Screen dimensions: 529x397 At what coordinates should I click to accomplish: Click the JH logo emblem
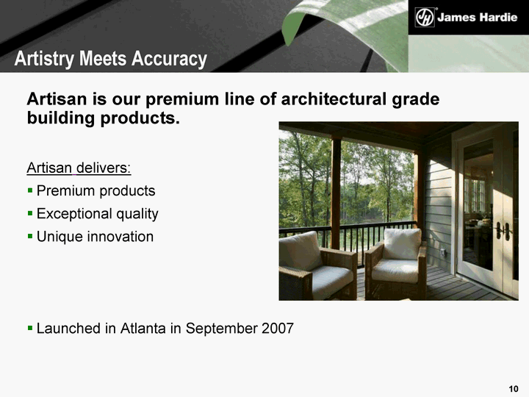[425, 17]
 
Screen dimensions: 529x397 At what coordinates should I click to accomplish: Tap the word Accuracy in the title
[170, 60]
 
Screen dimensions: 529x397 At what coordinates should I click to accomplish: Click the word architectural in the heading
[334, 99]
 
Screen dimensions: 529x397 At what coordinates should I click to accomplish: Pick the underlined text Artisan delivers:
[79, 168]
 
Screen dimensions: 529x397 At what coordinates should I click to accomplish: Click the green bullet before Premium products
[30, 190]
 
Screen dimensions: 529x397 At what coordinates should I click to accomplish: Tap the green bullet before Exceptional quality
[30, 214]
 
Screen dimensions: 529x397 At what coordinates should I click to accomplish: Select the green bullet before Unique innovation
[30, 236]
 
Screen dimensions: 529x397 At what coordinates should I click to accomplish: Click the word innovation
[120, 237]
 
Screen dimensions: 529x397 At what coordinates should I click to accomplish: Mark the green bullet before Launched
[30, 328]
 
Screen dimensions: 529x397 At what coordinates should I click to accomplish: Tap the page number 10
[514, 389]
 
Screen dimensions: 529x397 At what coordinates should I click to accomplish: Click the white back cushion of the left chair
[299, 251]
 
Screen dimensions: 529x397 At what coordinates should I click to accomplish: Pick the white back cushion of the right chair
[402, 244]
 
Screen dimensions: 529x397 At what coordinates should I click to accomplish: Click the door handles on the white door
[503, 232]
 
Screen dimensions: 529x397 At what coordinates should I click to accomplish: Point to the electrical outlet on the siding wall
[443, 252]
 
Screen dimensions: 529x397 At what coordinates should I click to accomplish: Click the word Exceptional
[74, 214]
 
